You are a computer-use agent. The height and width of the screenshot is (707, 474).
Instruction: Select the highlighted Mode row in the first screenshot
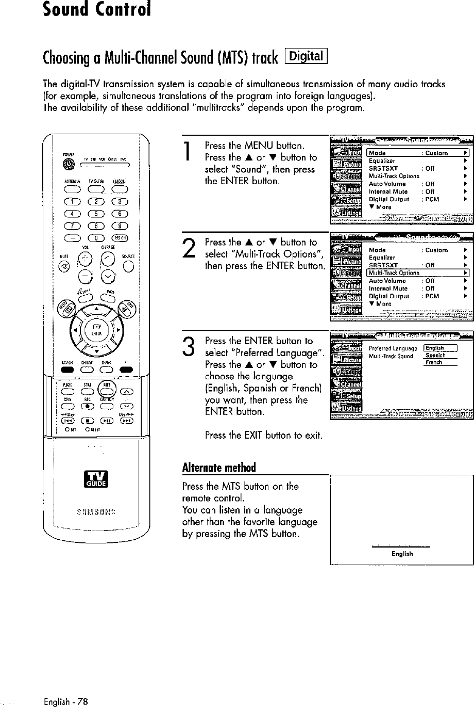(417, 153)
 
